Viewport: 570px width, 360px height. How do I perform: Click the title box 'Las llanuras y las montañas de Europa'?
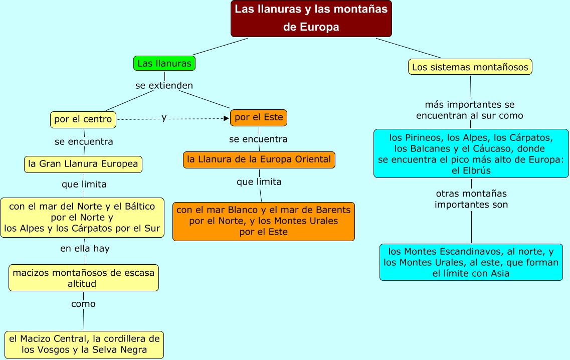coord(311,18)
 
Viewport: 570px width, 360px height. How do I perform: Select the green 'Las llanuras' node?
coord(164,63)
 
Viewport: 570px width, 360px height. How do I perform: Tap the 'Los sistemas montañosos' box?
coord(470,67)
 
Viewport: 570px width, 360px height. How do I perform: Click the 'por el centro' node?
coord(83,119)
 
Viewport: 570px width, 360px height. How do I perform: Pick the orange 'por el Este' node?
coord(259,118)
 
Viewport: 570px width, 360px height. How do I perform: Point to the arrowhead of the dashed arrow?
coord(226,118)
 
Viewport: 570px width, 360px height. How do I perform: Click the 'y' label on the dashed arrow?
coord(164,118)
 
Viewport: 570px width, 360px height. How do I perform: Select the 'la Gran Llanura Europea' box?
coord(83,164)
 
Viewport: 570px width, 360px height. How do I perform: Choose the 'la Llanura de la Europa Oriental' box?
coord(259,159)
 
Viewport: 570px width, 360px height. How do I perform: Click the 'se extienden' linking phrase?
coord(164,86)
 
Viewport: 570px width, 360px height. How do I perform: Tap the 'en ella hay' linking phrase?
coord(85,248)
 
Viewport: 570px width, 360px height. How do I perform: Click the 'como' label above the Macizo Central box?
coord(83,304)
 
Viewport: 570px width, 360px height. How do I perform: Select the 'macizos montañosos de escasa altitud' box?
coord(83,278)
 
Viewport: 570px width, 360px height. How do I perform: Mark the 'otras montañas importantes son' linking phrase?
coord(471,199)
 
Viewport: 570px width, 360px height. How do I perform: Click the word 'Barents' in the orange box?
coord(334,210)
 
